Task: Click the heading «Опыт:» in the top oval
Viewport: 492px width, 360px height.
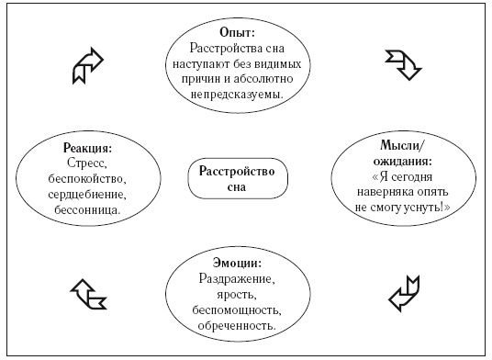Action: pyautogui.click(x=237, y=33)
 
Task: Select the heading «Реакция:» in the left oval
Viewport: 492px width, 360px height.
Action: pyautogui.click(x=87, y=148)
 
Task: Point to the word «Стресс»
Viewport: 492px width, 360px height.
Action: pyautogui.click(x=87, y=163)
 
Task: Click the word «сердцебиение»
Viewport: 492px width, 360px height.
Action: pyautogui.click(x=87, y=195)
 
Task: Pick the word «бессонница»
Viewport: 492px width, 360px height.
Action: pyautogui.click(x=87, y=209)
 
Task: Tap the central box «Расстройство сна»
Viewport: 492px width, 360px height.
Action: pyautogui.click(x=238, y=178)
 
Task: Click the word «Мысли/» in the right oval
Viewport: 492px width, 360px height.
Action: pyautogui.click(x=403, y=145)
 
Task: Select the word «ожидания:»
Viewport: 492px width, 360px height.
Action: pyautogui.click(x=403, y=162)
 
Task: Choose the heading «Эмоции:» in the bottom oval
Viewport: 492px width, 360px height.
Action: pyautogui.click(x=237, y=263)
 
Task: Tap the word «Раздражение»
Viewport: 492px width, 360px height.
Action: pyautogui.click(x=237, y=279)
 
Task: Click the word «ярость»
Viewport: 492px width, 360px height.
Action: pyautogui.click(x=236, y=295)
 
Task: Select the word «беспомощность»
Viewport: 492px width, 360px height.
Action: pyautogui.click(x=237, y=310)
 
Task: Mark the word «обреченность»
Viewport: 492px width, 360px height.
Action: pyautogui.click(x=237, y=325)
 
